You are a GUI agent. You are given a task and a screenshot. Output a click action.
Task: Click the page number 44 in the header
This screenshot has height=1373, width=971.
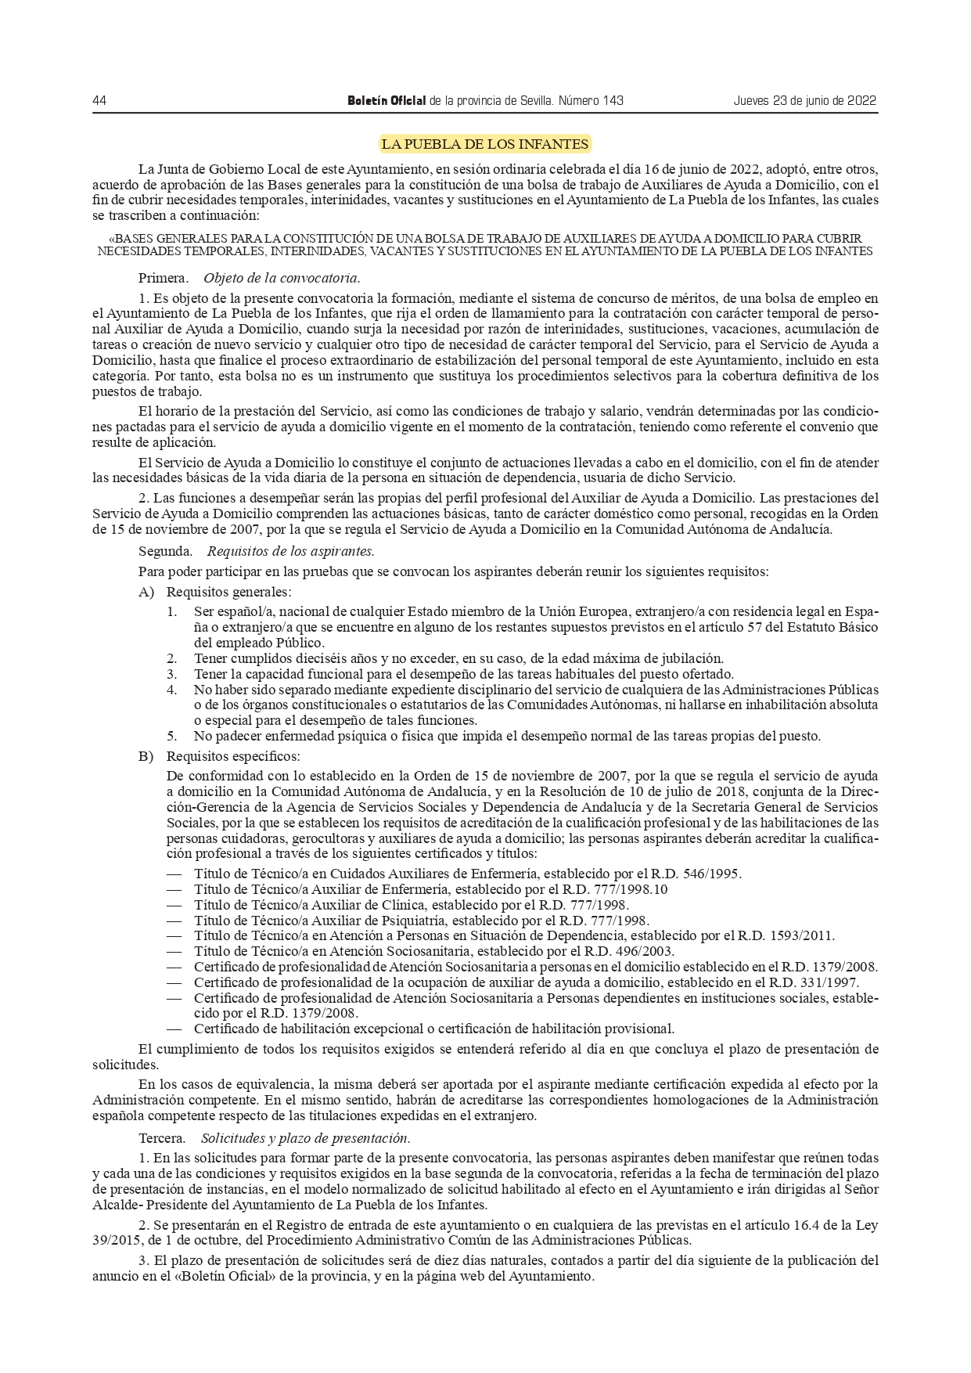[99, 101]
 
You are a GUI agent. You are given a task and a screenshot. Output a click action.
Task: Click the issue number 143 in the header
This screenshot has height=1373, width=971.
[613, 101]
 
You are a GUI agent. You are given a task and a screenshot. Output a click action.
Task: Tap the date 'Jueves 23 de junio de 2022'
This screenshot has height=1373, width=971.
[804, 101]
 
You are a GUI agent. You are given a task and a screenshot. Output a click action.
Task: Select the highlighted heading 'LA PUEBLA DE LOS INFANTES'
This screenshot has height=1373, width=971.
[484, 144]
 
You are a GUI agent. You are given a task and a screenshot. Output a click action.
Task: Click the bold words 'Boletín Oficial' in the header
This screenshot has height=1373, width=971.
[387, 101]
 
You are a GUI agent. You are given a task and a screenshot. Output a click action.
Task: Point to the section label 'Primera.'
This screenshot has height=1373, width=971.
[163, 278]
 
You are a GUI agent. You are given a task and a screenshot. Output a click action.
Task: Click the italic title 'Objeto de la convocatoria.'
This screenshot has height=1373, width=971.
[282, 278]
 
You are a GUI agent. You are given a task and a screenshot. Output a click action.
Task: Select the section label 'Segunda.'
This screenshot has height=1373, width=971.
[165, 551]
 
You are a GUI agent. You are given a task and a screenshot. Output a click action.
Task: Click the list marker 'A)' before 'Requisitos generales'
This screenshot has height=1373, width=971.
[146, 592]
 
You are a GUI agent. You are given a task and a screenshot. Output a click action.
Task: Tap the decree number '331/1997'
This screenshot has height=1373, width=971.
[832, 982]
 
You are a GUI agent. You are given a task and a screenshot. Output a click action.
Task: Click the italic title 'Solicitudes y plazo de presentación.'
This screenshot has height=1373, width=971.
[306, 1137]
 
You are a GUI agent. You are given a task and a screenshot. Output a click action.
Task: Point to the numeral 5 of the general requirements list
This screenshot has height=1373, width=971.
[171, 736]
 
